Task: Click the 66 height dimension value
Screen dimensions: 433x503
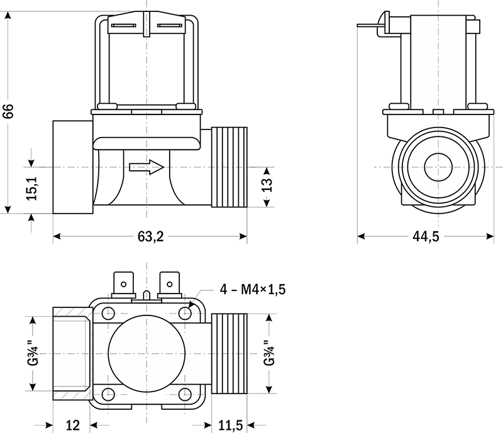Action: click(8, 111)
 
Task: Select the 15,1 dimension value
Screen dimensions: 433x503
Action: click(33, 189)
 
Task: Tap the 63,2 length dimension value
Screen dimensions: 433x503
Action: click(150, 236)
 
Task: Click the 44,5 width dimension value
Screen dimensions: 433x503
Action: click(426, 236)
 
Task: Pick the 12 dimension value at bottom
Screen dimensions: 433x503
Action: click(73, 425)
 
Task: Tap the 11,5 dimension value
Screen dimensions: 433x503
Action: click(231, 425)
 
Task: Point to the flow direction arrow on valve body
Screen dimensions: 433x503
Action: click(146, 167)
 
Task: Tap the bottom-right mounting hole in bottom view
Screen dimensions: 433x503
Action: click(185, 394)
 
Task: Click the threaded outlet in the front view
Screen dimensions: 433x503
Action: click(230, 167)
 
